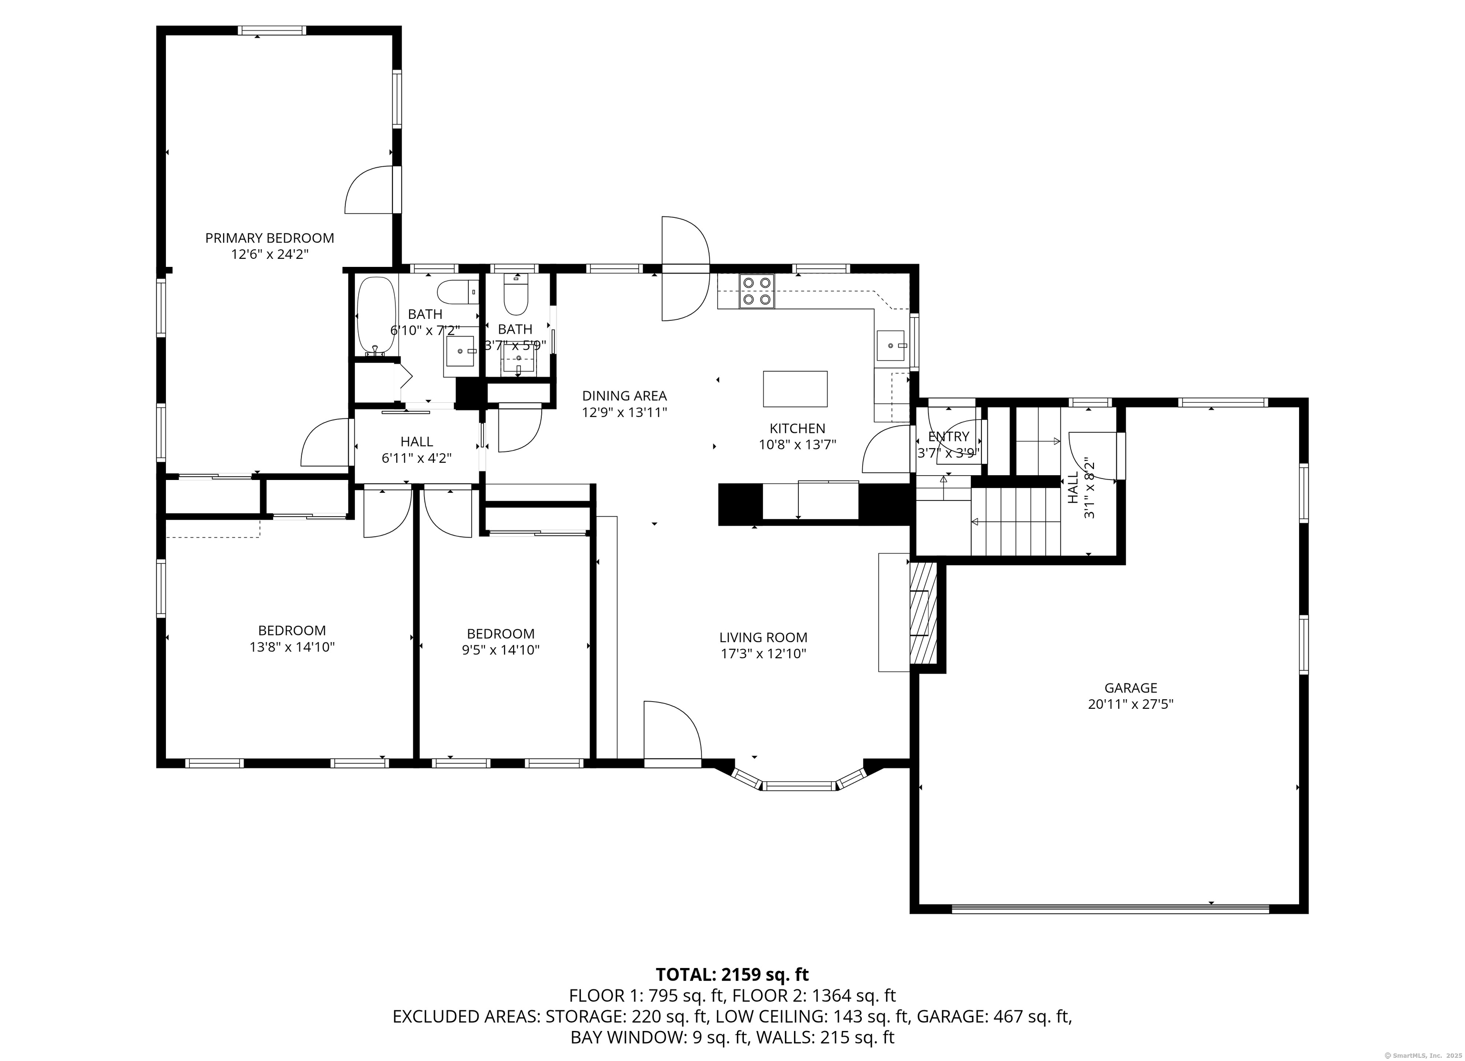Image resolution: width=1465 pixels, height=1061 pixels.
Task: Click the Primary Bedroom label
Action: (269, 238)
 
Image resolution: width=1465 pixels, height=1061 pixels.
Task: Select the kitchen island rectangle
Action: (795, 389)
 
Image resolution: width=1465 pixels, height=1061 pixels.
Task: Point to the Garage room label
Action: (1130, 688)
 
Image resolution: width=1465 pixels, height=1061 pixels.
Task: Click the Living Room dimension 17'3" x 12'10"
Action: (763, 654)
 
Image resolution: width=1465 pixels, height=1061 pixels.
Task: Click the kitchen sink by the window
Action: (893, 346)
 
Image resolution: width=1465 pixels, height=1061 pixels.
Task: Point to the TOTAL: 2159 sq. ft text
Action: (732, 974)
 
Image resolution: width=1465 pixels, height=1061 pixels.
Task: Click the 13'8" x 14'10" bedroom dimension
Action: (292, 647)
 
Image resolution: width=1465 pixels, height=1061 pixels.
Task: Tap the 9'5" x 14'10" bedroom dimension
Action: (501, 650)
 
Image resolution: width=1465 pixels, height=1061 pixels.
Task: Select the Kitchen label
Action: (797, 428)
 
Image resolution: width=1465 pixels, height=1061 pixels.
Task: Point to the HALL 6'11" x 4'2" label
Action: (417, 450)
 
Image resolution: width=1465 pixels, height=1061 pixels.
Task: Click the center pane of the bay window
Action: (800, 786)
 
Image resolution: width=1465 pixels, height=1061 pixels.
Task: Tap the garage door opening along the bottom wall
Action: (1110, 908)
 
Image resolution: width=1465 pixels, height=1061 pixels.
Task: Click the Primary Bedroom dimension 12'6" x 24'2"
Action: (269, 255)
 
